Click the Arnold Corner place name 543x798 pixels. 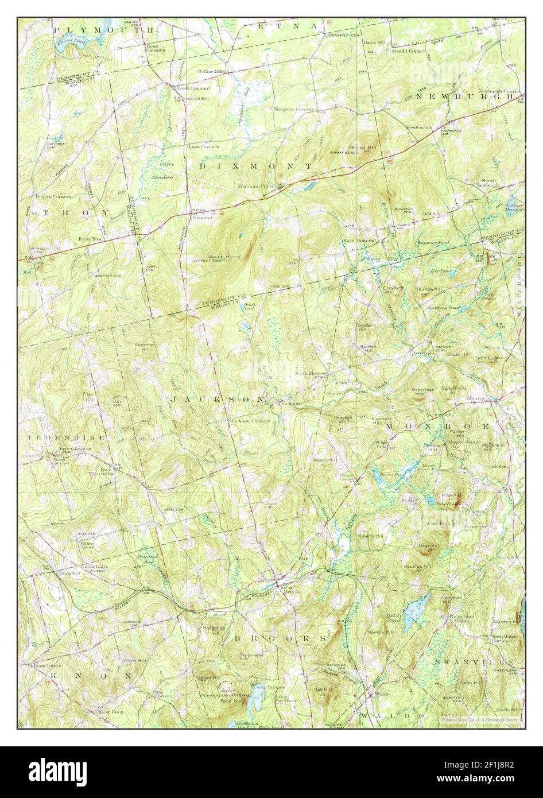pos(408,51)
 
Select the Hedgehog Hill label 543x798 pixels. pos(212,630)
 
